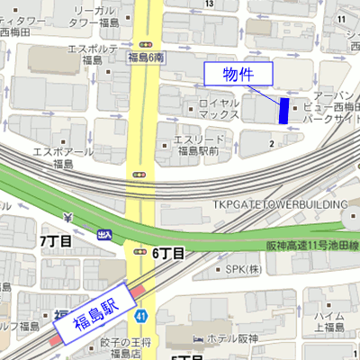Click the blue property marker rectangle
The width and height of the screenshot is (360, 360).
[x=284, y=110]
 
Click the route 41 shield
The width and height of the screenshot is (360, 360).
[x=140, y=315]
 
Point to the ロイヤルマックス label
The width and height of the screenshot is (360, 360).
[x=219, y=109]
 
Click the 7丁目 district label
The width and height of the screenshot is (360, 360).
[x=56, y=241]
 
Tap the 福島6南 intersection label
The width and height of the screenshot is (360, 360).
[x=145, y=58]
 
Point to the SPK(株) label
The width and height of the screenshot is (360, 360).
[x=243, y=269]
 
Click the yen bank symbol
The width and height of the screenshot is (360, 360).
[x=69, y=218]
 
